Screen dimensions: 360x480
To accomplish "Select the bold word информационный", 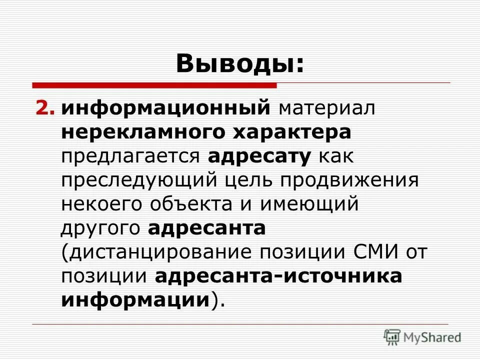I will tap(165, 108).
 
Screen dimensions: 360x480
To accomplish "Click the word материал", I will tap(327, 108).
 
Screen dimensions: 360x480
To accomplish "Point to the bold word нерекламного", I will tap(143, 132).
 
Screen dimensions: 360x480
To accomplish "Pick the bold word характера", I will tap(293, 132).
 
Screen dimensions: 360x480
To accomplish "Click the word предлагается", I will tap(130, 156).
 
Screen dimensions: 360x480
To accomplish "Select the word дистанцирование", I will tap(157, 252).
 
